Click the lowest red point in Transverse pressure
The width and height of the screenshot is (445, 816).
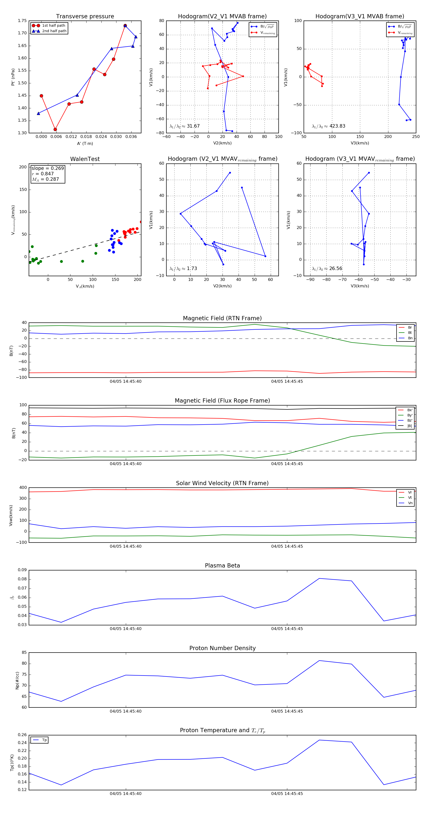[55, 129]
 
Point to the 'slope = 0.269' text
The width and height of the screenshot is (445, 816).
[47, 168]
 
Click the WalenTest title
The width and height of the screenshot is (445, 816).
[85, 159]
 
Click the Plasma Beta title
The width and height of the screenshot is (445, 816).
[222, 566]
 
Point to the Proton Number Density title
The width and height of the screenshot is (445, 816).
[222, 648]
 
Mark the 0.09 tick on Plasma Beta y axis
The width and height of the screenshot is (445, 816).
[22, 570]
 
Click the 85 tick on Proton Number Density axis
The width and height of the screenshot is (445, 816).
[24, 652]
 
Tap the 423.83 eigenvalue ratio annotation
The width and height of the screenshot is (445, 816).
[337, 126]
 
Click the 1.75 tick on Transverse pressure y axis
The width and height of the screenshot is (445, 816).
[22, 21]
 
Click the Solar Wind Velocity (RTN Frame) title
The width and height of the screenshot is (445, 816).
[222, 483]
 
